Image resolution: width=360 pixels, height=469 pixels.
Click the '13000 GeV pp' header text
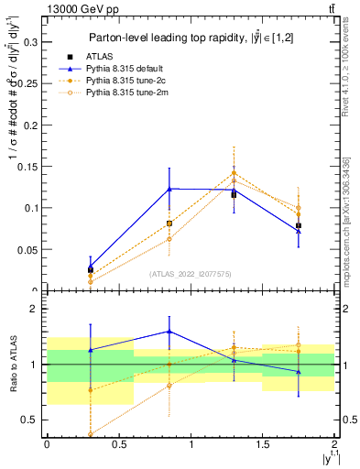80,8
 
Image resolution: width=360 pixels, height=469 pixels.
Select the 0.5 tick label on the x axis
118,444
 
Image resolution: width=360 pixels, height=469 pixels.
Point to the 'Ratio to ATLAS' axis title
12,365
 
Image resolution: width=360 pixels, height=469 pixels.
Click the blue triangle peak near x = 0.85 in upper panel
169,189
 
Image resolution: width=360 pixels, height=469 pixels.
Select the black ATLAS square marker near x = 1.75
299,225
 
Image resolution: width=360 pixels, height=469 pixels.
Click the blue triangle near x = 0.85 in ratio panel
169,332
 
